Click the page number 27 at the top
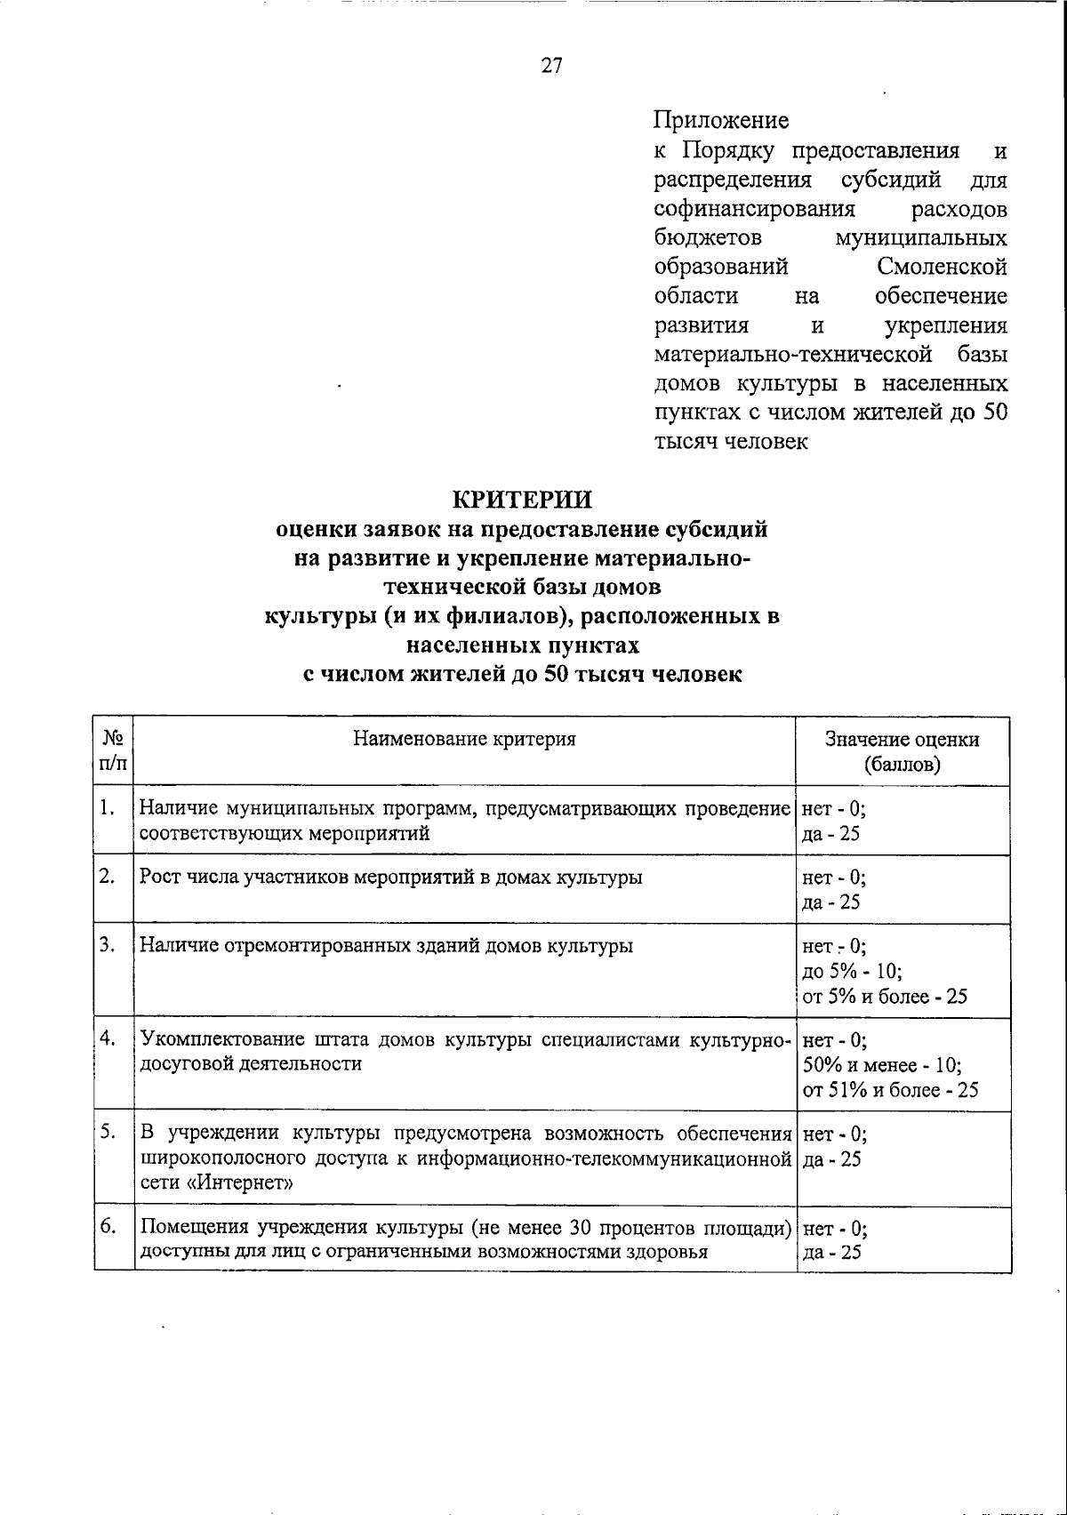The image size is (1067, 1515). point(551,66)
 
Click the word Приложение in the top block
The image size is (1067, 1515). point(721,119)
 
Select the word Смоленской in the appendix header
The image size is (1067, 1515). point(942,267)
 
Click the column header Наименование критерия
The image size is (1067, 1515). point(464,739)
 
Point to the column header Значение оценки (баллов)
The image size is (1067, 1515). point(902,751)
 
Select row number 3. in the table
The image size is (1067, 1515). point(108,944)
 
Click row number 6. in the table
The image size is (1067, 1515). point(108,1227)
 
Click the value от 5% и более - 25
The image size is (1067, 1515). point(885,997)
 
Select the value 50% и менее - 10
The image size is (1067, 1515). point(881,1065)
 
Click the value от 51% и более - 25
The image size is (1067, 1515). point(890,1090)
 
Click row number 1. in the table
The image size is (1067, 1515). point(108,807)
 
